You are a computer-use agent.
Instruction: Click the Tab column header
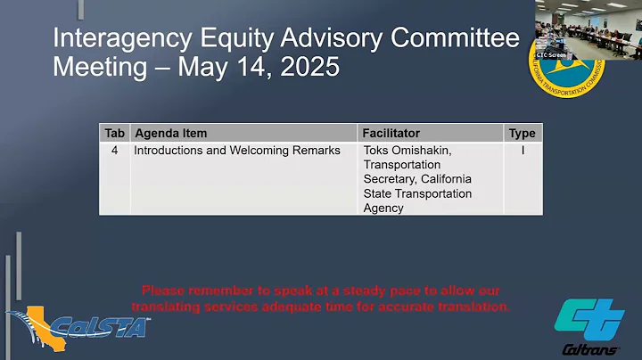(114, 133)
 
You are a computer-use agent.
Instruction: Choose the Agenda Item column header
(170, 133)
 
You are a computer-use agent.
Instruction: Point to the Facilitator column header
(391, 133)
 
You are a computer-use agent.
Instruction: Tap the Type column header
(522, 133)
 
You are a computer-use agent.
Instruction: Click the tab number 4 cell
(114, 151)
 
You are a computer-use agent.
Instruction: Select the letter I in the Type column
(522, 151)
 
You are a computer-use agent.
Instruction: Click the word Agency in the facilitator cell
(383, 208)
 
